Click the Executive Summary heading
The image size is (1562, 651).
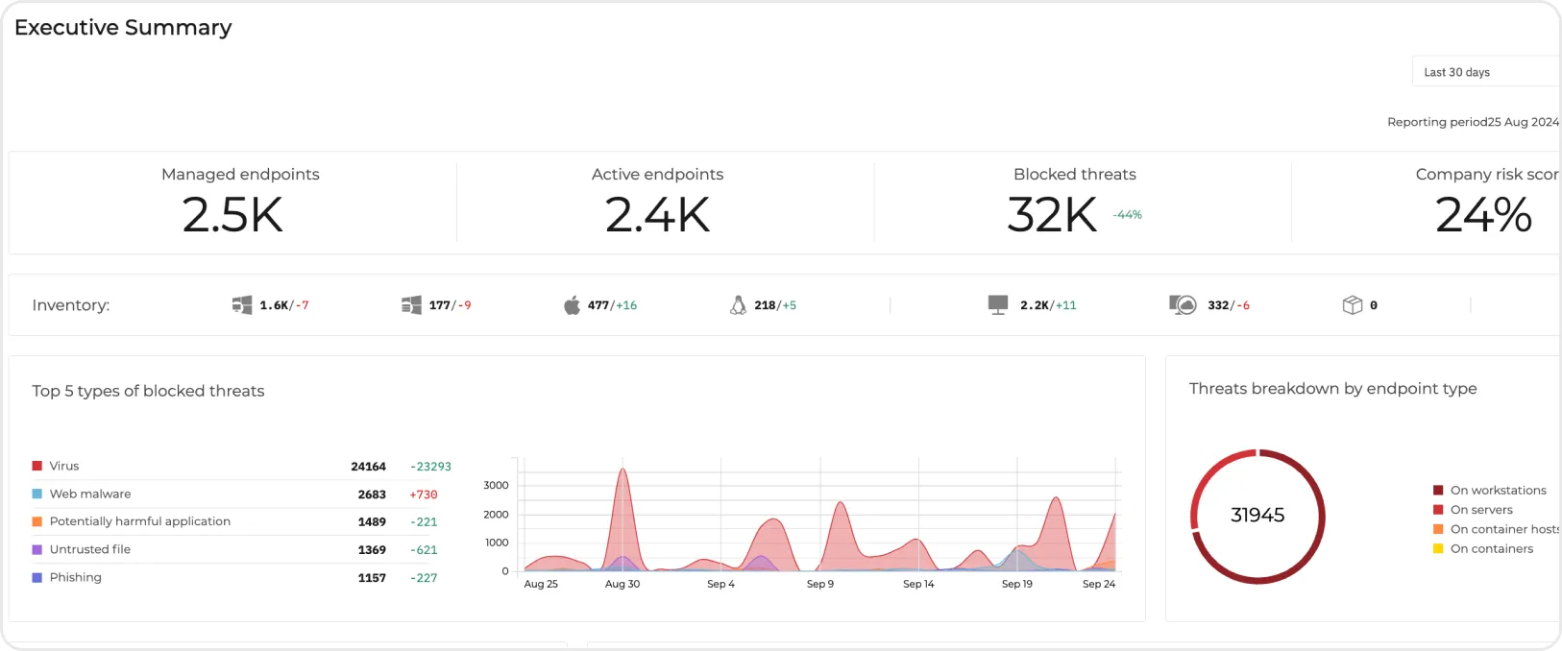tap(123, 28)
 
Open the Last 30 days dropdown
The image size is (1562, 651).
tap(1484, 72)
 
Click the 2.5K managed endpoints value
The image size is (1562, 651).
tap(232, 215)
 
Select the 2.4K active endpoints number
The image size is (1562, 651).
tap(657, 215)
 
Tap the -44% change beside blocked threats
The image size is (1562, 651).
tap(1127, 215)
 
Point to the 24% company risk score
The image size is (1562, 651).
tap(1482, 215)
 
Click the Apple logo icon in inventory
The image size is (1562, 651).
tap(572, 305)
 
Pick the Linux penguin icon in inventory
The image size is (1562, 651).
tap(738, 305)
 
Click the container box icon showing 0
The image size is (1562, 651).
tap(1352, 305)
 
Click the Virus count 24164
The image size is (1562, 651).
tap(368, 467)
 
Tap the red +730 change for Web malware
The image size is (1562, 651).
tap(423, 494)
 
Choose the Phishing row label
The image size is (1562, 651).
tap(75, 577)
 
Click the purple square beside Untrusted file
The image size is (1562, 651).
tap(37, 550)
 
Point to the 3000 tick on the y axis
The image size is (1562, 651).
tap(496, 486)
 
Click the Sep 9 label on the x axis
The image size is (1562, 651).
tap(819, 584)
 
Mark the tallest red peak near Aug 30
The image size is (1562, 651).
tap(622, 470)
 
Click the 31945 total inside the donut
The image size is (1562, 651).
tap(1257, 516)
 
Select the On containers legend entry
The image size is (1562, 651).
tap(1491, 549)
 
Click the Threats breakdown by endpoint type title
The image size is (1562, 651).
tap(1332, 389)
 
